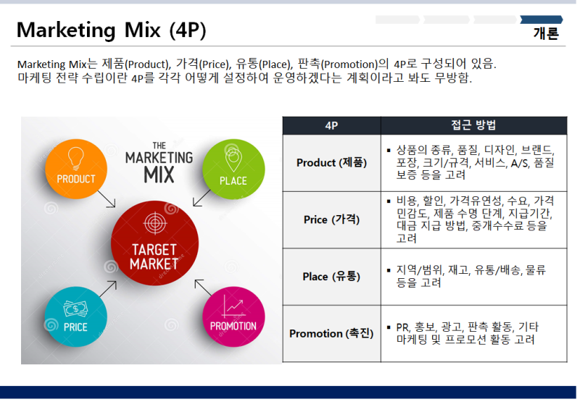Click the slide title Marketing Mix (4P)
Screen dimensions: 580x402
112,30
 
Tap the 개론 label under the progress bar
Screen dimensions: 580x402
546,33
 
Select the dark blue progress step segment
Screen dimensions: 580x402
542,20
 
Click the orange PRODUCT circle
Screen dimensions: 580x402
76,169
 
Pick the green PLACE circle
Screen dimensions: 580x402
233,169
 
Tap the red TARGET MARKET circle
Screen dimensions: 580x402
154,243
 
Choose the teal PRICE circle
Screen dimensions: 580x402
76,317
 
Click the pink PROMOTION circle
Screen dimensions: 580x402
233,317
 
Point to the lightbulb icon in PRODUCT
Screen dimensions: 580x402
76,158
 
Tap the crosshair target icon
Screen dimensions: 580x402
155,223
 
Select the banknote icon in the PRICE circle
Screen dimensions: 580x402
76,309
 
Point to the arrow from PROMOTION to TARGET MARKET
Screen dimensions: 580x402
203,288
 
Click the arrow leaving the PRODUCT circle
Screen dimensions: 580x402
107,198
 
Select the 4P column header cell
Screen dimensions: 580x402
331,125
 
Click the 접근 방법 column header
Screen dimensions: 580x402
474,125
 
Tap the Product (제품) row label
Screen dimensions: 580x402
331,162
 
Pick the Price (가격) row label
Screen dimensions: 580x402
331,219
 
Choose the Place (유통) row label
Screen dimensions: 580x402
331,277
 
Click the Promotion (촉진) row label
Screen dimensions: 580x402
331,333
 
